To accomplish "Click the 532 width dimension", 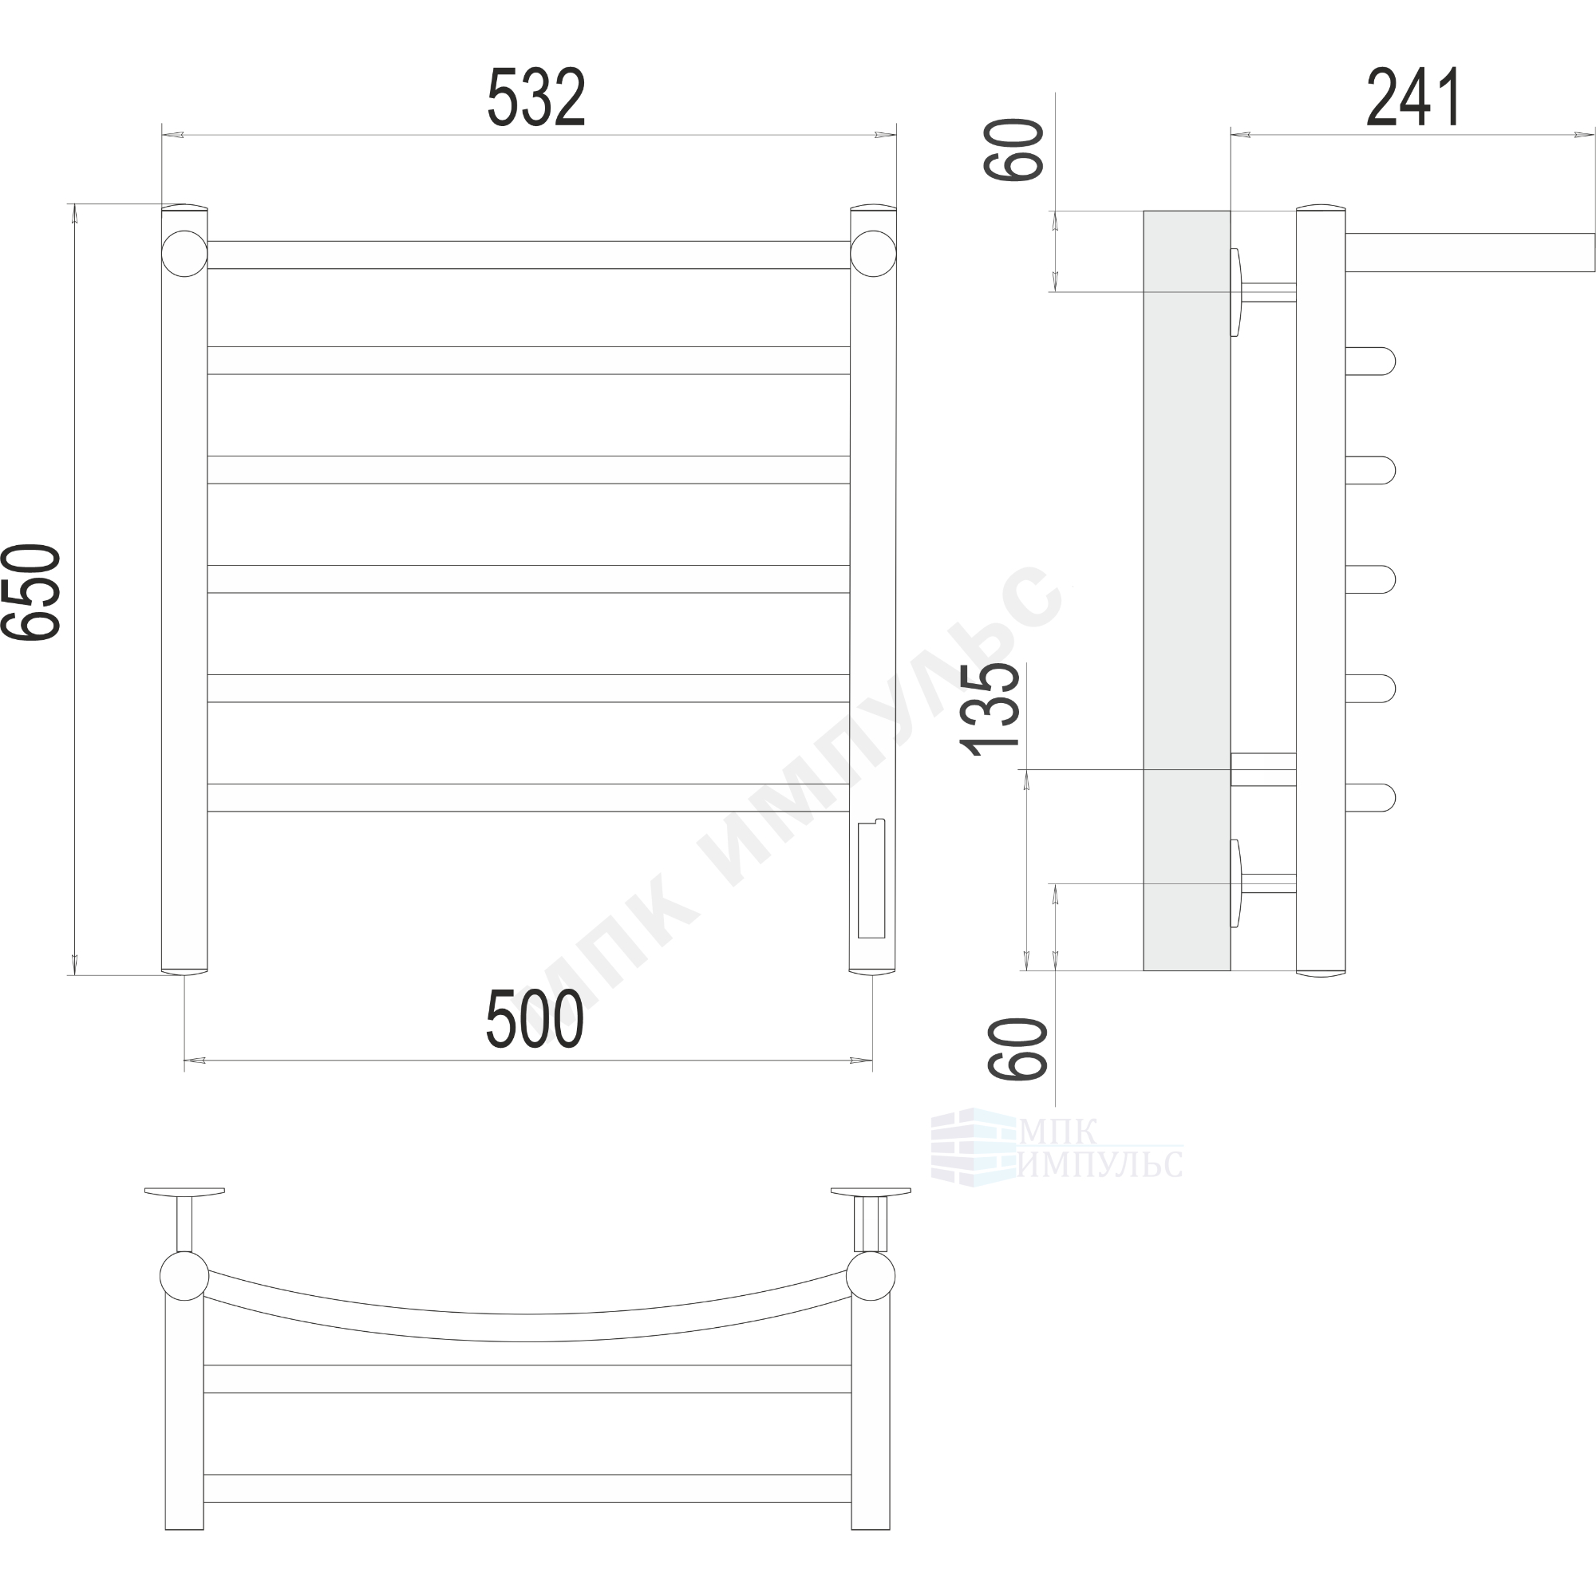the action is pyautogui.click(x=536, y=97).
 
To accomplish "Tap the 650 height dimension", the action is pyautogui.click(x=31, y=591).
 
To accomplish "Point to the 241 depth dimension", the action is pyautogui.click(x=1413, y=97).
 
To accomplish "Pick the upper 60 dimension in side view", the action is pyautogui.click(x=1013, y=149).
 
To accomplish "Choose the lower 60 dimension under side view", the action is pyautogui.click(x=1017, y=1049).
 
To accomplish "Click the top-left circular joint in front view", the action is pyautogui.click(x=184, y=254).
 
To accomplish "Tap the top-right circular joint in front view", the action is pyautogui.click(x=873, y=254).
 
